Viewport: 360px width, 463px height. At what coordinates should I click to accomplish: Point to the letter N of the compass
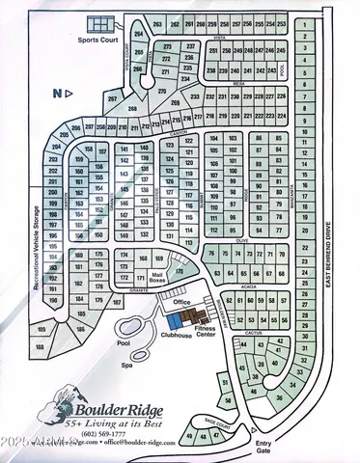tap(56, 93)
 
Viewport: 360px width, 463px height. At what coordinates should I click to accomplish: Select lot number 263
tap(157, 22)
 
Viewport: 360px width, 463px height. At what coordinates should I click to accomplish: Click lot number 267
tap(113, 100)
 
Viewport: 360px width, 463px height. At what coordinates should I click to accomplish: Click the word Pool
tap(124, 342)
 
